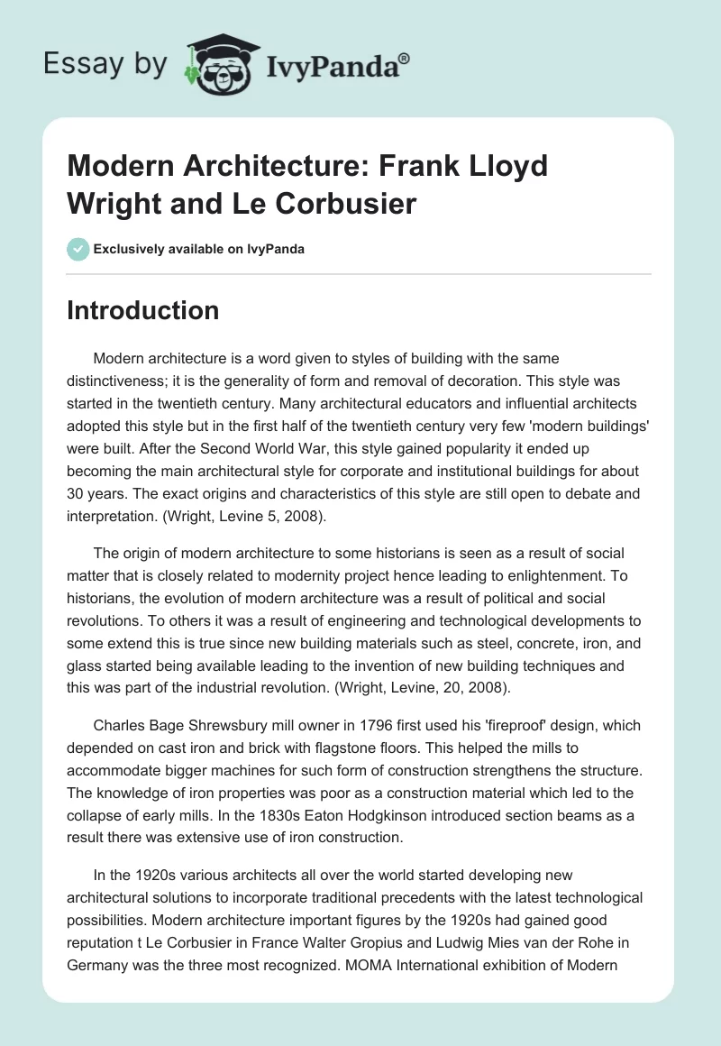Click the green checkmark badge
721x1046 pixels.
(78, 249)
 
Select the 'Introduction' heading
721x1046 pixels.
(143, 310)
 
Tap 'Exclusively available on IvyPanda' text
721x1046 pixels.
(198, 249)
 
